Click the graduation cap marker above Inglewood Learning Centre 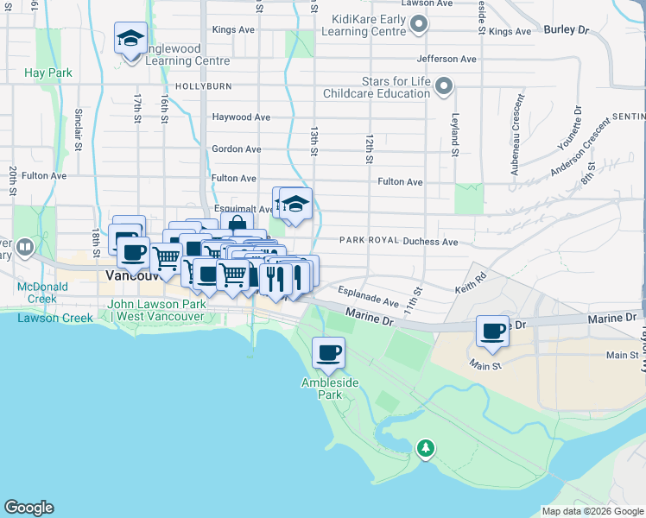130,40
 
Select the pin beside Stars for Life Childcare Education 444,85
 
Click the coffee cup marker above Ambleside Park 328,352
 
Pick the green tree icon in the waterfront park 425,448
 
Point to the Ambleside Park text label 328,388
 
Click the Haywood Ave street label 241,117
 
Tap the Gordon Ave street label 236,149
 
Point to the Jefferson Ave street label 446,60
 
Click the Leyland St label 454,135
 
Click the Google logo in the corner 28,508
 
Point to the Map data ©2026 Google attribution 592,511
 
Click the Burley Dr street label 566,29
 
